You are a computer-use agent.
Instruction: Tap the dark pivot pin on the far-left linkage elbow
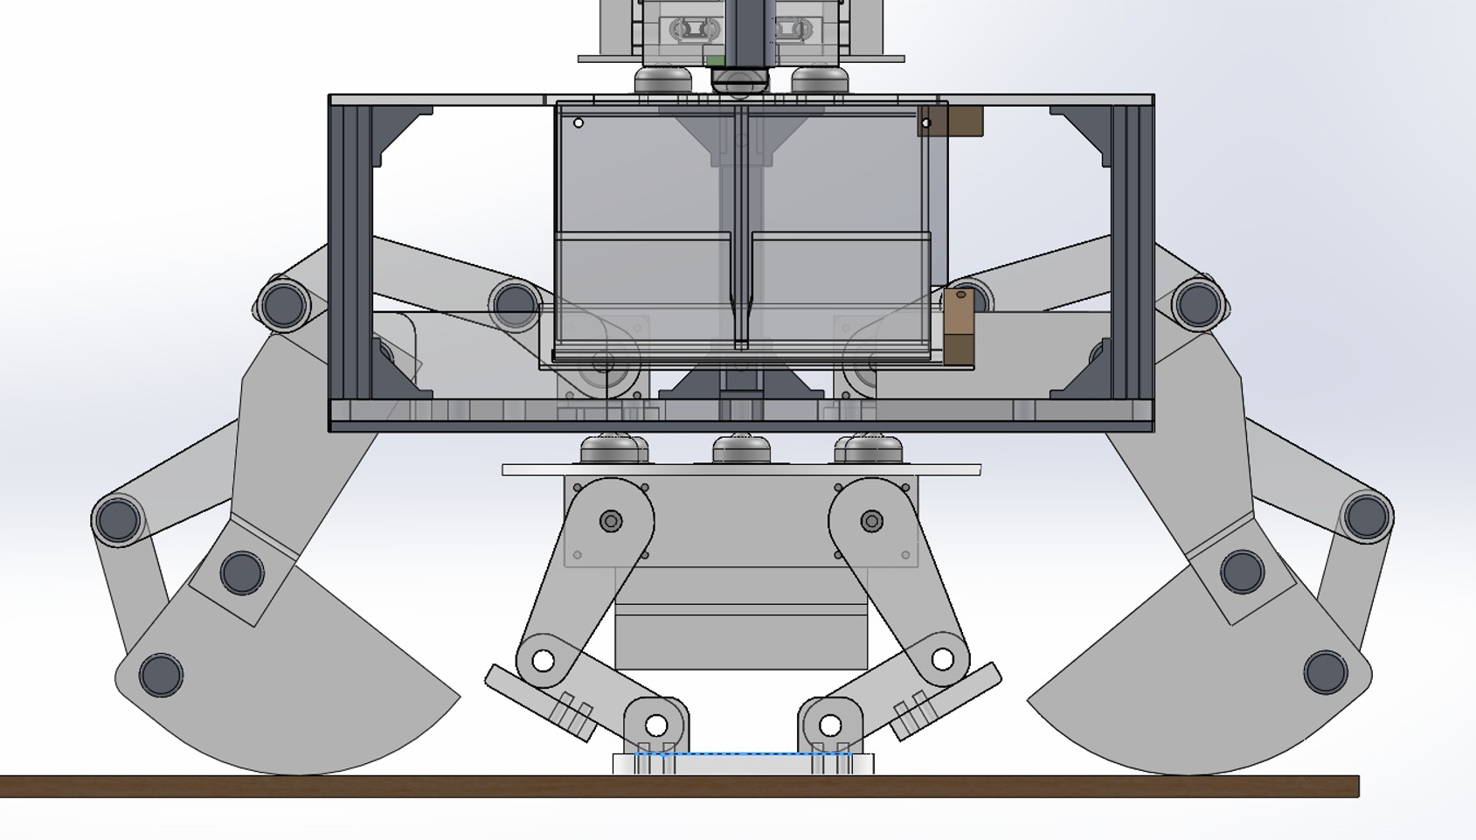pos(118,520)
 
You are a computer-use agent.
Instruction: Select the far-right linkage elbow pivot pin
pos(1367,517)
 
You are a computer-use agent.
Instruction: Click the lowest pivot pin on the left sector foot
pos(161,675)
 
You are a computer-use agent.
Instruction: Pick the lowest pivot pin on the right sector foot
pos(1326,672)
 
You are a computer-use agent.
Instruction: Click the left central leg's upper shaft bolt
pos(611,522)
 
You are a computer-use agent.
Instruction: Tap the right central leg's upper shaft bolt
pos(871,522)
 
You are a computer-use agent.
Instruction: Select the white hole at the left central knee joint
pos(543,660)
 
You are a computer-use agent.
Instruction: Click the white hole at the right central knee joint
pos(942,658)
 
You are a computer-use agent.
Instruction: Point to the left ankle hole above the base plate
pos(656,725)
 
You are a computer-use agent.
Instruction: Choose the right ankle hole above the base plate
pos(830,725)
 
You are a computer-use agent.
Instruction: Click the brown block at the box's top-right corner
pos(961,121)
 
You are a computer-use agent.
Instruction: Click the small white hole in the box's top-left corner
pos(579,123)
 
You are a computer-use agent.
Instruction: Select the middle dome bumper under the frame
pos(741,450)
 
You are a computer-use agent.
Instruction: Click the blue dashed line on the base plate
pos(743,753)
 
